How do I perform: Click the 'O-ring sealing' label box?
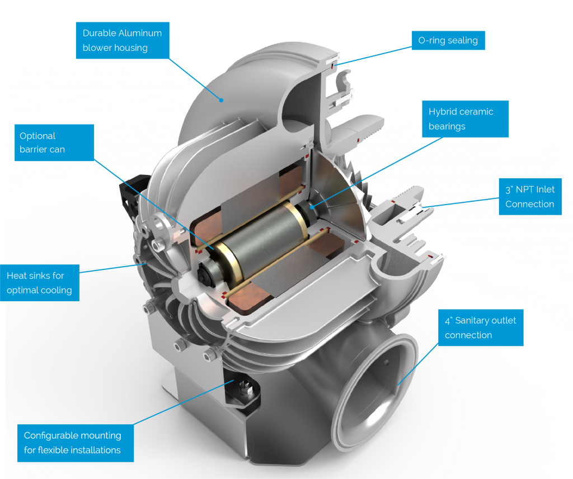click(x=448, y=40)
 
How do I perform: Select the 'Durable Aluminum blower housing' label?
click(x=123, y=40)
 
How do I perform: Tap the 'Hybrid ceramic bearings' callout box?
click(x=465, y=119)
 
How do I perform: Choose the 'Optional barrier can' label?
click(x=54, y=143)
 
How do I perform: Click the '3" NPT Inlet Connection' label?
click(x=530, y=197)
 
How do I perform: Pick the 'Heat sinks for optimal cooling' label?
click(x=40, y=283)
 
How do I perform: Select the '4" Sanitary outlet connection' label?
click(x=481, y=328)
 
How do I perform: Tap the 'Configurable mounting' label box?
click(x=76, y=443)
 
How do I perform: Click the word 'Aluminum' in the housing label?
click(x=142, y=33)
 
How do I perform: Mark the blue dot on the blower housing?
click(x=221, y=100)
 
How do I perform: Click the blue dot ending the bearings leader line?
click(x=312, y=207)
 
